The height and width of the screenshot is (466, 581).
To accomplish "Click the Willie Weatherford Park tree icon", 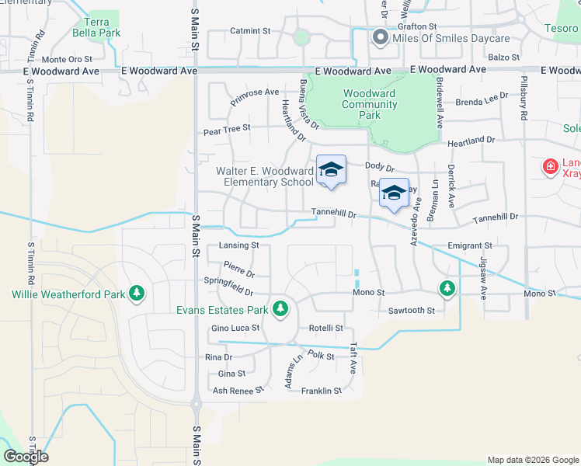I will click(x=137, y=294).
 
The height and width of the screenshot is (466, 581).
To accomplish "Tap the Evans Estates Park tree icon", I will click(x=280, y=310).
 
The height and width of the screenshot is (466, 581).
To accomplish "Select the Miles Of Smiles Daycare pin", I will click(x=380, y=37).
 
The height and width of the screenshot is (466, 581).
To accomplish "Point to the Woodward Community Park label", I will click(x=369, y=104).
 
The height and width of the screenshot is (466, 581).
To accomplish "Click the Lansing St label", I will click(x=238, y=245).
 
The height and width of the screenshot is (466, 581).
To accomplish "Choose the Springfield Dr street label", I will click(x=228, y=287).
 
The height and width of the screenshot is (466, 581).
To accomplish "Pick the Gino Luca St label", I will click(x=235, y=329).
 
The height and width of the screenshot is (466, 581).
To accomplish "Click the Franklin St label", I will click(x=322, y=391).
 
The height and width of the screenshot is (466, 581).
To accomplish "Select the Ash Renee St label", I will click(x=233, y=391).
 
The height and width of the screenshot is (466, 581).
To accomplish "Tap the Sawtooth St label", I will click(x=411, y=310).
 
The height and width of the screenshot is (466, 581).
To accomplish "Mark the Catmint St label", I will click(x=249, y=32).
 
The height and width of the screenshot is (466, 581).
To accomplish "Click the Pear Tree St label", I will click(x=227, y=129).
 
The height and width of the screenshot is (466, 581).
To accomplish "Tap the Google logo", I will click(x=26, y=456).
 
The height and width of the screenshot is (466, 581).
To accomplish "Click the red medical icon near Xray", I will click(x=550, y=166).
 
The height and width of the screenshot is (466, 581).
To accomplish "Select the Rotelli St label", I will click(x=325, y=329).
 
